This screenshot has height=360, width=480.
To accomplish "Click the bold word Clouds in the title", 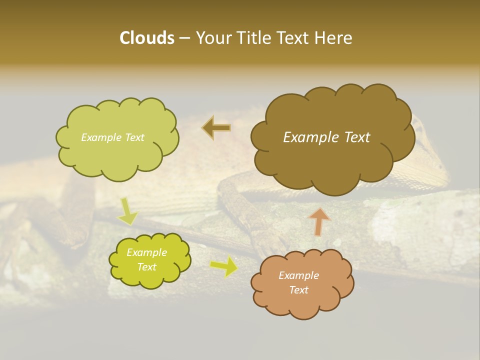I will pos(147,38).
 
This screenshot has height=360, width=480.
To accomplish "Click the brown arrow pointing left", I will pos(216,128).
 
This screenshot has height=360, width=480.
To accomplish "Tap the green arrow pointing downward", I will pos(128,211).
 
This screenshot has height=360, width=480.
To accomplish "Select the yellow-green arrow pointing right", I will pos(223,266).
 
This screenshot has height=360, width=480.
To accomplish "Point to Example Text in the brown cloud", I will pos(326,137).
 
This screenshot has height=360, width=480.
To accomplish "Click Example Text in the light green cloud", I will pos(112,137).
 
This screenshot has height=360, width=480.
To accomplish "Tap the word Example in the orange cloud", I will pos(298,275).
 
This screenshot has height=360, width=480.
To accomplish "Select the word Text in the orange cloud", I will pos(298,290).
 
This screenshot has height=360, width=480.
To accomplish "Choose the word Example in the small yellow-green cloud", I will pos(146,252).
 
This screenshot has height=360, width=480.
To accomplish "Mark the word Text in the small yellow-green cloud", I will pos(146,267).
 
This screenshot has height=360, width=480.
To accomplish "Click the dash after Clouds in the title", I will pos(184,38).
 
